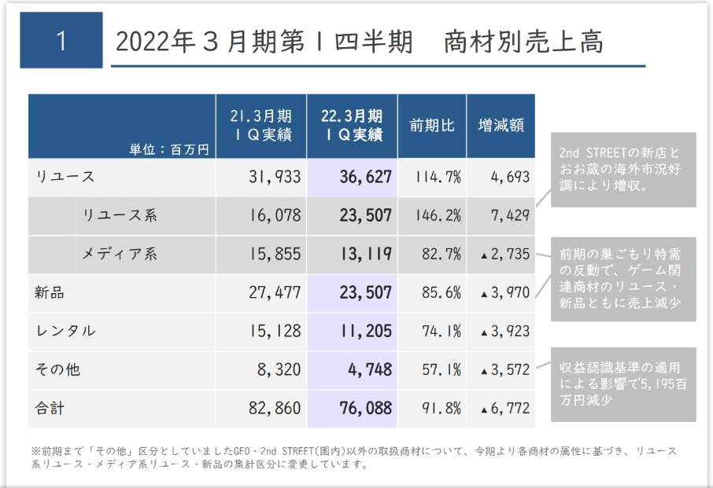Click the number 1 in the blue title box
[x=61, y=40]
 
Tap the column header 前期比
[x=431, y=126]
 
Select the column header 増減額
[x=501, y=126]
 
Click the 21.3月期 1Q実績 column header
[x=261, y=126]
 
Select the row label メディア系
[x=120, y=254]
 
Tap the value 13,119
[x=365, y=254]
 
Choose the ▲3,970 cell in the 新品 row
[x=504, y=293]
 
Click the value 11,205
[x=365, y=331]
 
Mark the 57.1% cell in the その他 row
[x=438, y=369]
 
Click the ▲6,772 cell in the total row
[x=504, y=409]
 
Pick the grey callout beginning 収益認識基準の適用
[x=622, y=383]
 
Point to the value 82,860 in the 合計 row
[x=273, y=409]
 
